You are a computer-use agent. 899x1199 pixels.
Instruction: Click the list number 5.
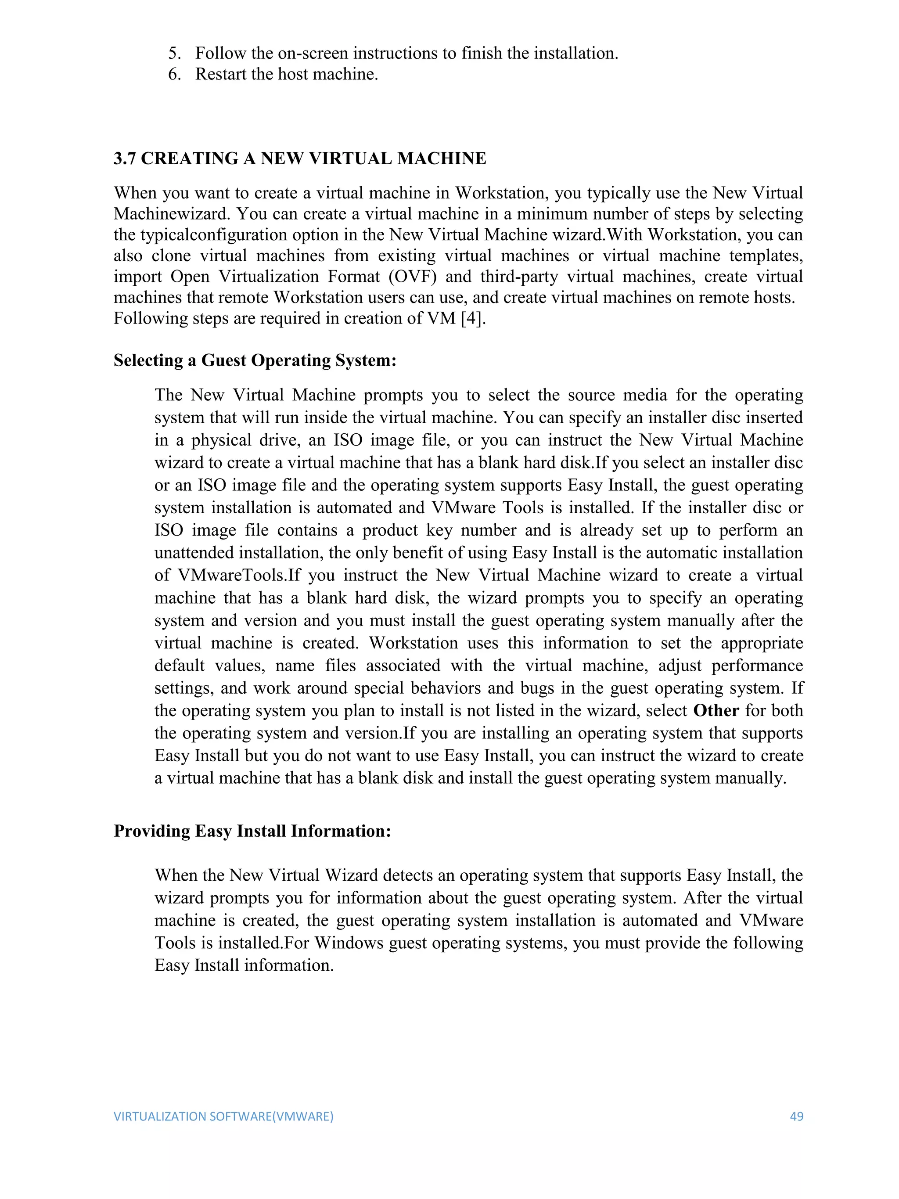tap(174, 53)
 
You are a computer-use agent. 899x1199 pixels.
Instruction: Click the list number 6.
tap(174, 74)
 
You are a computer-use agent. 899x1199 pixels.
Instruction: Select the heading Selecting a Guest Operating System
tap(255, 360)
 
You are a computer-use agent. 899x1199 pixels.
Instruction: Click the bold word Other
tap(716, 711)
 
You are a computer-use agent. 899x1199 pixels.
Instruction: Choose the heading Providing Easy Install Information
tap(252, 831)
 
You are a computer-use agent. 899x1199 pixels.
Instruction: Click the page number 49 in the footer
tap(796, 1116)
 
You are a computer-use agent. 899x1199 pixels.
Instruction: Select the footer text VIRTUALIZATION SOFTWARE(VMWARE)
tap(223, 1116)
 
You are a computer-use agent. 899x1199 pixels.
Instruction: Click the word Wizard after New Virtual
tap(351, 875)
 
